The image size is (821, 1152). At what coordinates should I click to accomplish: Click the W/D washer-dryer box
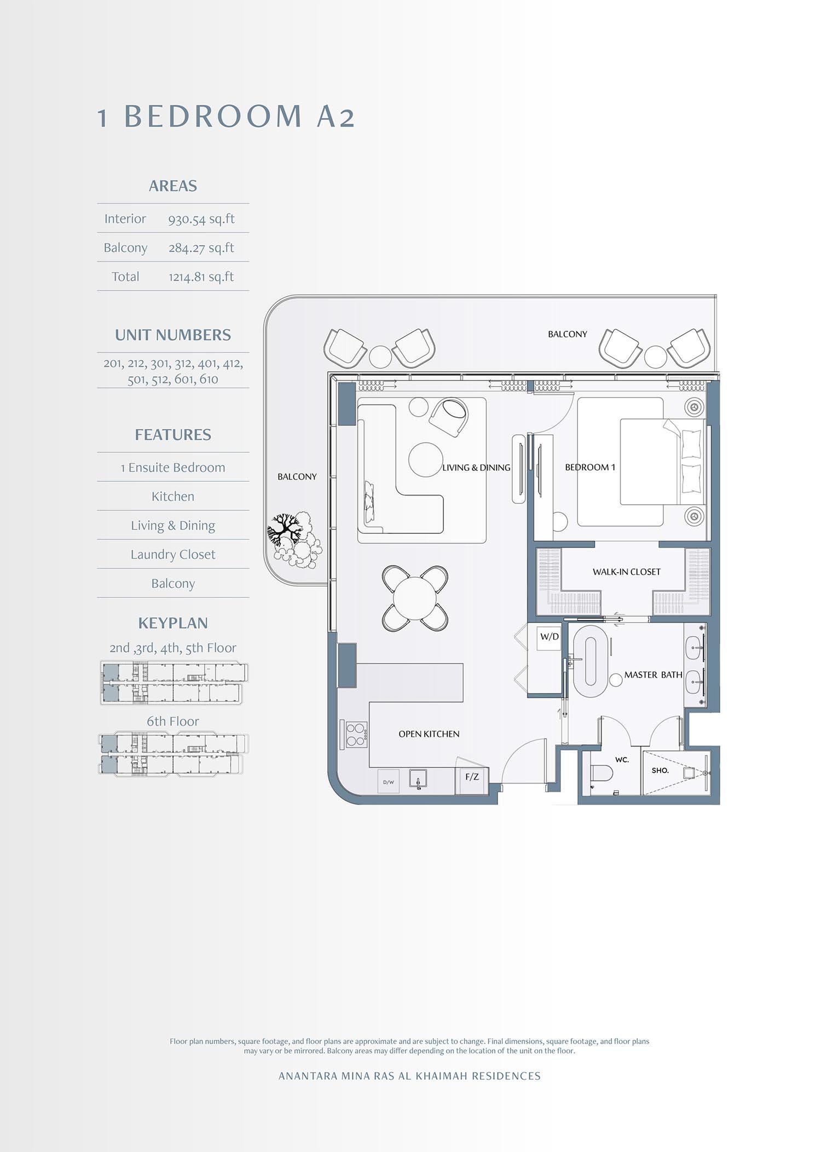coord(549,637)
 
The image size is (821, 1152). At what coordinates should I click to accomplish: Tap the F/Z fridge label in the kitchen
coord(472,777)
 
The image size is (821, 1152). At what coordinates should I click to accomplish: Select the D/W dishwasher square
coord(389,782)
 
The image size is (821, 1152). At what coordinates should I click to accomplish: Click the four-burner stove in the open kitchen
coord(356,735)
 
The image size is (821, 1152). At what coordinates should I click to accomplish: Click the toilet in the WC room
coord(602,774)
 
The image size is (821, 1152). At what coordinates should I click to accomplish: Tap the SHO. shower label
coord(660,770)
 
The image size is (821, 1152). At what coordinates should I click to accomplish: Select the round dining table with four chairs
coord(415,598)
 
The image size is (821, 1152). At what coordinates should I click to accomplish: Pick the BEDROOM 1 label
coord(590,467)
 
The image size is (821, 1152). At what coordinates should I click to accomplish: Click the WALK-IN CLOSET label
coord(626,572)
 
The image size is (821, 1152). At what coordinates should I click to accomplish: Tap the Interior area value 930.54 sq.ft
coord(201,219)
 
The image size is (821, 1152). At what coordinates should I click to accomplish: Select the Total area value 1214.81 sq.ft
coord(201,277)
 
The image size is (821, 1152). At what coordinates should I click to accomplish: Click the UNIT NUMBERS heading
coord(173,335)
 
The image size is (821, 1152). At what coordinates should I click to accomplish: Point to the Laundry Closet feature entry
coord(173,555)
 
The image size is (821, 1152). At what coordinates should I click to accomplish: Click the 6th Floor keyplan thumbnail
coord(173,754)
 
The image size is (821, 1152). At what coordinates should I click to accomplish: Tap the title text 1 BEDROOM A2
coord(226,117)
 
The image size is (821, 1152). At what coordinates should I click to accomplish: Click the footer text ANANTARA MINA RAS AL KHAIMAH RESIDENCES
coord(409,1076)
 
